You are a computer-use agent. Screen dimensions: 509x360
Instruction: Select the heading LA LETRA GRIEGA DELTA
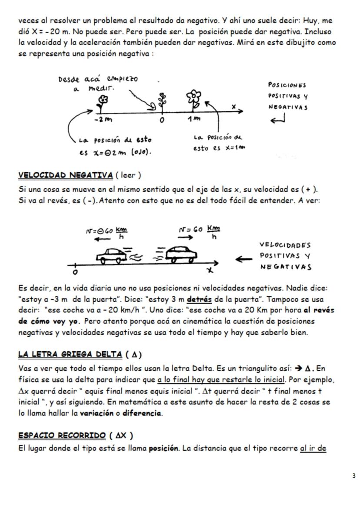click(x=70, y=354)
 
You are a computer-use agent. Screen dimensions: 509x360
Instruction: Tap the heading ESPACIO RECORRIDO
click(x=62, y=436)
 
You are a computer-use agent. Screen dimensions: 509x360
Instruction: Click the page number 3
click(x=354, y=476)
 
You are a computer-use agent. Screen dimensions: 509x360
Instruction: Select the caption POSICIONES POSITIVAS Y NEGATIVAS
click(x=287, y=96)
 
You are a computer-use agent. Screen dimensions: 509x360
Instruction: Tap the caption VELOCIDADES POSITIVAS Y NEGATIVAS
click(x=285, y=256)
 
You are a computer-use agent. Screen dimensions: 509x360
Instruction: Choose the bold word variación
click(x=94, y=413)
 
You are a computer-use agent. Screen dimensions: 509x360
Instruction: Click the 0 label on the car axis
click(x=75, y=272)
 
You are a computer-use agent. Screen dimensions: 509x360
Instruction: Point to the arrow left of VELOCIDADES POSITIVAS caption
click(x=243, y=259)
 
